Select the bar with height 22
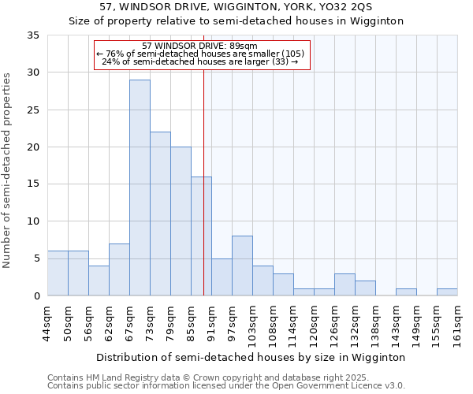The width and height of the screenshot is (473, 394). point(160,214)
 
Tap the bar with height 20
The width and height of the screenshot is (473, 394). point(181,221)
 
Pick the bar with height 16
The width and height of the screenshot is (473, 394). point(201,236)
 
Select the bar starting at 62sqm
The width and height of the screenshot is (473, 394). point(119,269)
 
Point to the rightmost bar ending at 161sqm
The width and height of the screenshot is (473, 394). point(447,292)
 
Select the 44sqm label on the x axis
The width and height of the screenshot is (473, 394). point(47,324)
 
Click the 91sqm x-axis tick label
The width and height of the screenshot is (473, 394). point(211,324)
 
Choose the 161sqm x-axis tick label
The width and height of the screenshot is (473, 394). point(457,324)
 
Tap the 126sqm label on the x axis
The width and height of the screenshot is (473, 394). point(334,324)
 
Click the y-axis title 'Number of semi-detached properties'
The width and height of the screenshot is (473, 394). point(8,170)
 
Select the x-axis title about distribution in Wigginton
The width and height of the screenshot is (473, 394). point(252,357)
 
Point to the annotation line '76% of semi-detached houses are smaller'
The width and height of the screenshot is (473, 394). point(201,54)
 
